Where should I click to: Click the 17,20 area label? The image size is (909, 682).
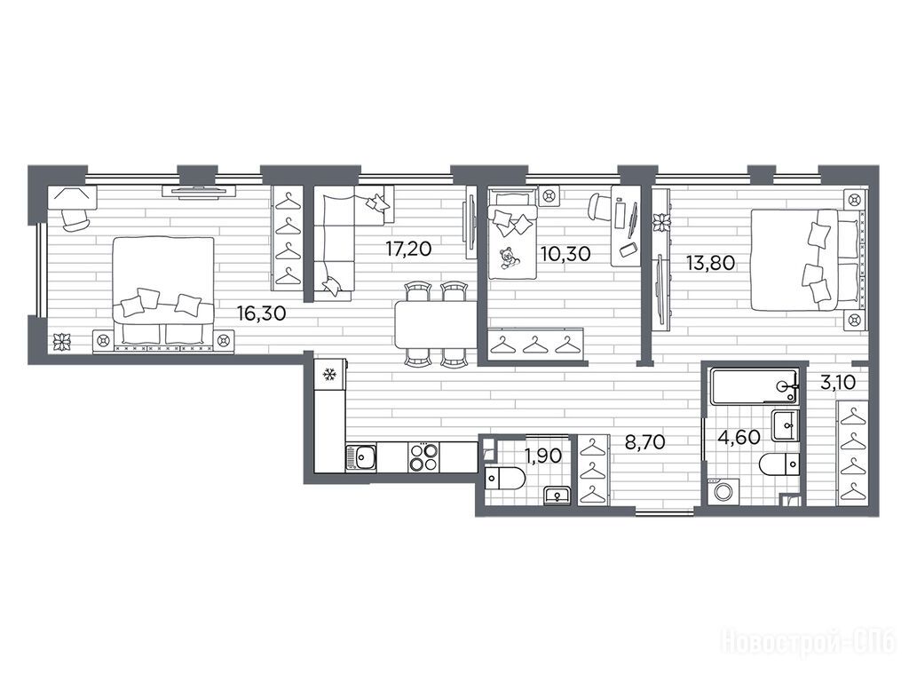coord(408,250)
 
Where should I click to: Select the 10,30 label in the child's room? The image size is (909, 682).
coord(565,253)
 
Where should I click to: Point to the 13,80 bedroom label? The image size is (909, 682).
coord(710,263)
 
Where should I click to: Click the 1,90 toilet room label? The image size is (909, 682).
coord(543,456)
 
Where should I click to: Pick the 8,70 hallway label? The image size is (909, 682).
coord(644,442)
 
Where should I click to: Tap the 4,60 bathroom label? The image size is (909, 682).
coord(739,437)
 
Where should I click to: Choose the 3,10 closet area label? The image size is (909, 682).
coord(838,383)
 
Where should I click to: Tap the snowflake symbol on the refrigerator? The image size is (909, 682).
coord(330,375)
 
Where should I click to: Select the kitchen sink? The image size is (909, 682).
coord(360,456)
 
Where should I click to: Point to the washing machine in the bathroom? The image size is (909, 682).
coord(723,491)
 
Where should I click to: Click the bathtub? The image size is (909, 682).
coord(754,385)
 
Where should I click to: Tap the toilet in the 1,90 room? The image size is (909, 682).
coord(504,478)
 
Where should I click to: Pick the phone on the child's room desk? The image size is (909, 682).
coord(628,250)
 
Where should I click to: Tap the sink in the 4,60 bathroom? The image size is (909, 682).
coord(786,425)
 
